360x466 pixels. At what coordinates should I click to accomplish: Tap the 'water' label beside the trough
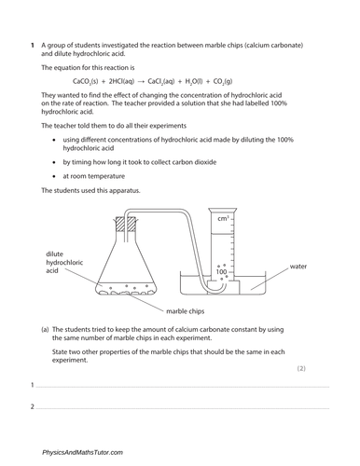click(298, 266)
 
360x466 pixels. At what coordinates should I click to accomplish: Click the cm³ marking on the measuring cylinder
click(223, 219)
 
